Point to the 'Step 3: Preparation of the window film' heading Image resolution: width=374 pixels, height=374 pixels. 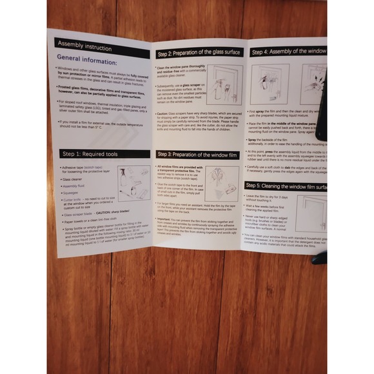199,155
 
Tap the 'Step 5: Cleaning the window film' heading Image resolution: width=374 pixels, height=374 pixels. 286,185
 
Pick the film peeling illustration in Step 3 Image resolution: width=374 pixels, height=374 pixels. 222,184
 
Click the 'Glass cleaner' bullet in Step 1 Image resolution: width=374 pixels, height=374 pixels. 72,179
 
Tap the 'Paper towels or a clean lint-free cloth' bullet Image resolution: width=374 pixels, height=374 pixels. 97,221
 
